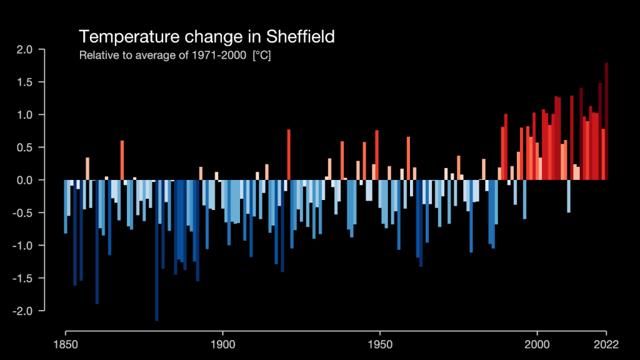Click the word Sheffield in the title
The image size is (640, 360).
pyautogui.click(x=302, y=36)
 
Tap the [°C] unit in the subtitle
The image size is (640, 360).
pyautogui.click(x=261, y=56)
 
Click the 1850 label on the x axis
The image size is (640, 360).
pyautogui.click(x=66, y=344)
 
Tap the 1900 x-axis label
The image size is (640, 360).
pyautogui.click(x=222, y=344)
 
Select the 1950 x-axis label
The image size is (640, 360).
pyautogui.click(x=380, y=344)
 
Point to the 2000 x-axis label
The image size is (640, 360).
pyautogui.click(x=537, y=344)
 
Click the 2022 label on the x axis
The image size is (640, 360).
pyautogui.click(x=606, y=344)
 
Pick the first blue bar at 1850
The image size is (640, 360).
pyautogui.click(x=66, y=206)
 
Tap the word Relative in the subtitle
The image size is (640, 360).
pyautogui.click(x=95, y=56)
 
